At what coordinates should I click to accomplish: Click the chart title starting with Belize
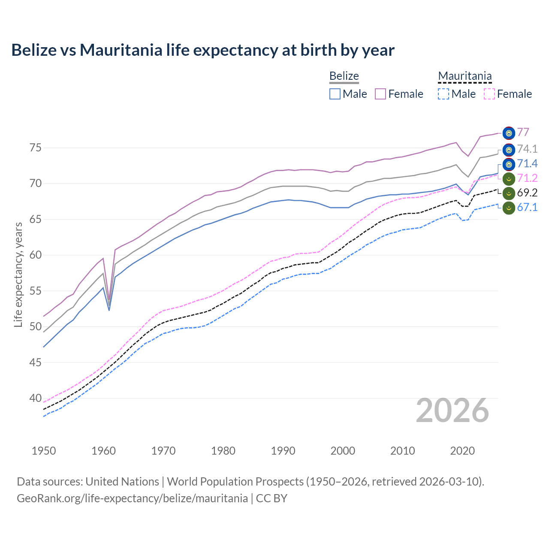[202, 50]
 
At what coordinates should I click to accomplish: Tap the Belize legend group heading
[344, 76]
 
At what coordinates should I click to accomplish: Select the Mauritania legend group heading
[465, 76]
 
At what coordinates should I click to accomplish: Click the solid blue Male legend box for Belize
[335, 94]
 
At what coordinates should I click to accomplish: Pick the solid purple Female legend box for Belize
[380, 94]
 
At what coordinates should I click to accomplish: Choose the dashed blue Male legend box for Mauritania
[443, 94]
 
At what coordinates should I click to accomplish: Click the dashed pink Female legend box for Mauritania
[489, 94]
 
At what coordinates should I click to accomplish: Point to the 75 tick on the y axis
[35, 148]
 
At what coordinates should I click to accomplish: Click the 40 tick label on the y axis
[35, 398]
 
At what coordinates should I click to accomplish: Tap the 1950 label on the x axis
[44, 451]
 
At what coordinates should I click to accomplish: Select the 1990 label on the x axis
[283, 451]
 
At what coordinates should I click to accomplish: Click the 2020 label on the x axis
[462, 451]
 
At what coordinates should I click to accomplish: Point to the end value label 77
[523, 132]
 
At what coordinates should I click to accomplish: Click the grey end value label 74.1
[527, 149]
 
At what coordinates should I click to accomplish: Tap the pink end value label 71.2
[527, 178]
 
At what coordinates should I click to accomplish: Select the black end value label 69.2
[527, 193]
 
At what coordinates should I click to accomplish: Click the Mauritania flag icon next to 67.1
[509, 208]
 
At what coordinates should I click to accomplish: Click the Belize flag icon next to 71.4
[509, 164]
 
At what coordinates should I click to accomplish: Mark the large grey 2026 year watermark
[452, 410]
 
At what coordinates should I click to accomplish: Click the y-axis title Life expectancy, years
[18, 274]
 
